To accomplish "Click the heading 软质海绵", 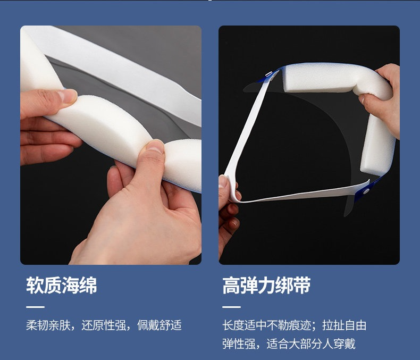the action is tap(62, 286).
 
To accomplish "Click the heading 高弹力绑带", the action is tap(266, 286).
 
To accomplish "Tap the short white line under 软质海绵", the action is tap(36, 307).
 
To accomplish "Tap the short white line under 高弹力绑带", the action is tap(231, 307).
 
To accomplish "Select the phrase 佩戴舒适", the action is tap(159, 325).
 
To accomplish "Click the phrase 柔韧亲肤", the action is tap(48, 325).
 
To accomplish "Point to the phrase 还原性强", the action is tap(104, 325).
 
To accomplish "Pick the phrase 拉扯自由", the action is tap(344, 325).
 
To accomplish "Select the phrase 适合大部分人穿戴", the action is tap(310, 344).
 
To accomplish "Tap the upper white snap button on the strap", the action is tap(268, 74).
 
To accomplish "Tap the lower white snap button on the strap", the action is tap(366, 191).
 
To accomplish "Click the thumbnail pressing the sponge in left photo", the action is tap(155, 147).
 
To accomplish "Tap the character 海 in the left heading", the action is tap(71, 286).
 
